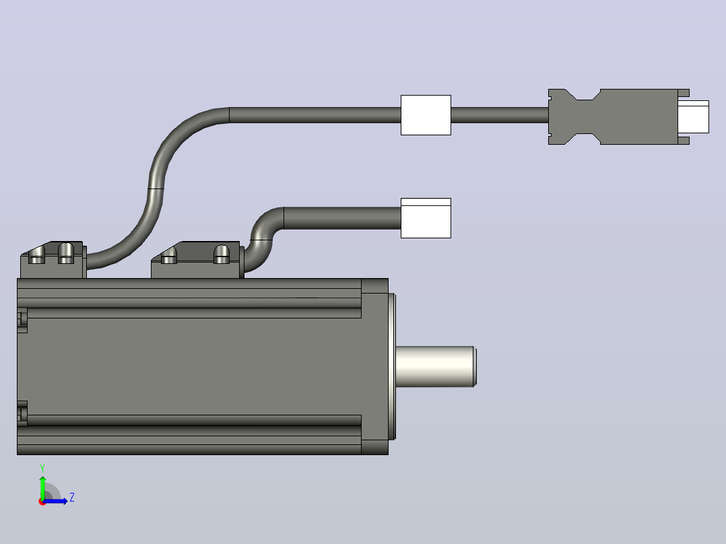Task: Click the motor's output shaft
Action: coord(435,366)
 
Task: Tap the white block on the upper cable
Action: coord(426,115)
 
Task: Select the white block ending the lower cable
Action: coord(426,218)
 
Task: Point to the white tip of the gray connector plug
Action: coord(694,116)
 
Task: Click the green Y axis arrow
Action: coord(42,488)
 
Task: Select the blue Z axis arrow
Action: coord(55,501)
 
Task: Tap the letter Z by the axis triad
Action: coord(72,498)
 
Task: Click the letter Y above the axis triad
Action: coord(42,469)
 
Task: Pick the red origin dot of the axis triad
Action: coord(42,502)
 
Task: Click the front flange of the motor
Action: coord(375,366)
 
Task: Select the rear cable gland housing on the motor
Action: coord(53,260)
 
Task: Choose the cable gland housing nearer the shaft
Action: coord(197,260)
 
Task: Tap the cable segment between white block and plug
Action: coord(500,115)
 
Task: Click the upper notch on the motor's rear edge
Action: coord(22,320)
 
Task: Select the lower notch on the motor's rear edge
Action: coord(22,413)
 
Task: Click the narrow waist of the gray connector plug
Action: coord(585,116)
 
